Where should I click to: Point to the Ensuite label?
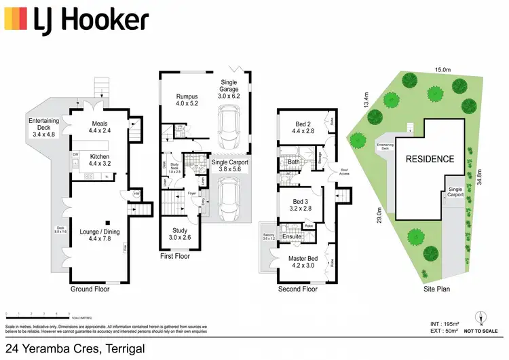[x=292, y=236]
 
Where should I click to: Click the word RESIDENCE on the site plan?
[x=430, y=159]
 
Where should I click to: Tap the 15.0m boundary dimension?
[x=442, y=69]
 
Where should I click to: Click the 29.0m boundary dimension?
[x=379, y=215]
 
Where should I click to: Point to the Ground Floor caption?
[x=90, y=289]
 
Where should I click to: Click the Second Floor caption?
[x=297, y=289]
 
